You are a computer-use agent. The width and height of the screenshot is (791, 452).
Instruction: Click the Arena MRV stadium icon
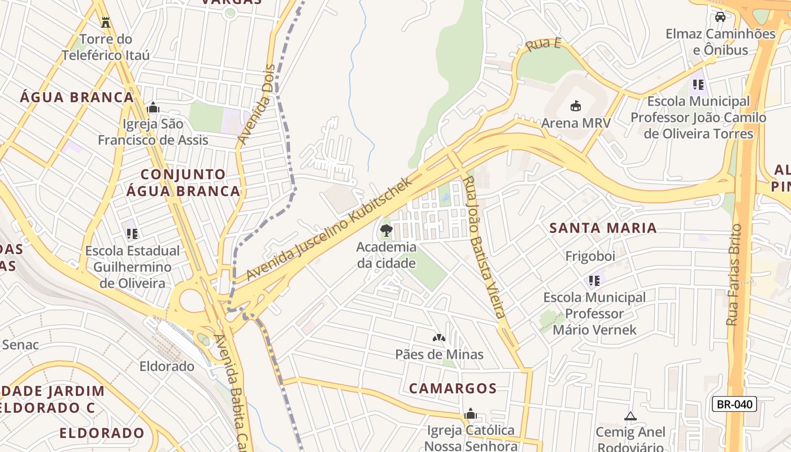(x=576, y=106)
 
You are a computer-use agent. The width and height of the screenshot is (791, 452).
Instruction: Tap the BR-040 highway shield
(x=734, y=404)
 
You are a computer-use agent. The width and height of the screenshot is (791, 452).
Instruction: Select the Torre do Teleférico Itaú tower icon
(x=105, y=23)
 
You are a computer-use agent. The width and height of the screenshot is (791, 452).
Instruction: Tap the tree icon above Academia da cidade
(x=386, y=230)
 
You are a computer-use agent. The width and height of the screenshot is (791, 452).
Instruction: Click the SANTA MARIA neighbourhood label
(x=603, y=228)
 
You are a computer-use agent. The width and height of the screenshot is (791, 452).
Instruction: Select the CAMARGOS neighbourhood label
(x=453, y=389)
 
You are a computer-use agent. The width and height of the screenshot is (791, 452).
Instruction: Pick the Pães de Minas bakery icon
(x=439, y=338)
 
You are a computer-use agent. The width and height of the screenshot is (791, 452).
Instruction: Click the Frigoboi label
(x=590, y=257)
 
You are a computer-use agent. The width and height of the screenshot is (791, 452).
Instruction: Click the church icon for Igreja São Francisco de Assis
(x=153, y=107)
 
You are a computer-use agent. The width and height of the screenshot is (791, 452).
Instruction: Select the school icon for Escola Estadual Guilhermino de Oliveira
(x=132, y=233)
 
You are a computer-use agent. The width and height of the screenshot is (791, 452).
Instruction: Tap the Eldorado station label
(x=167, y=366)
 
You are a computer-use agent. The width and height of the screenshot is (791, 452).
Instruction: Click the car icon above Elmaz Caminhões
(x=720, y=17)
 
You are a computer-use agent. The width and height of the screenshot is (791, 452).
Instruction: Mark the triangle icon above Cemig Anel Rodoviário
(x=630, y=416)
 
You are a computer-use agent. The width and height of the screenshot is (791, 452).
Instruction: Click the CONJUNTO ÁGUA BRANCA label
(x=183, y=182)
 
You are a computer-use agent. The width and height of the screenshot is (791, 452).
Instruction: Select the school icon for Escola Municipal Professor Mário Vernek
(x=594, y=280)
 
